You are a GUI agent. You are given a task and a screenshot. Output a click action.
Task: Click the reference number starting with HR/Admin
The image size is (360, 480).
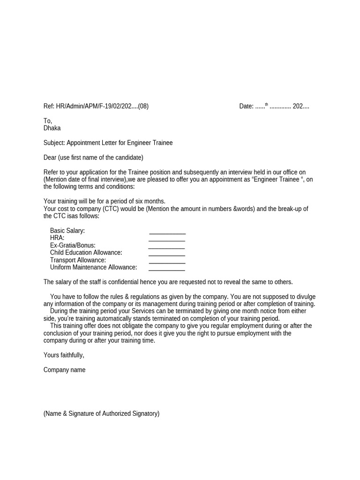pos(96,106)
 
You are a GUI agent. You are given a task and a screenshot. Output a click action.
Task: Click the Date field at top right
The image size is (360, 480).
pos(274,106)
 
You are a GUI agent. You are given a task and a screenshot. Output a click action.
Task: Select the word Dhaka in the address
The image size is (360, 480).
pos(52,128)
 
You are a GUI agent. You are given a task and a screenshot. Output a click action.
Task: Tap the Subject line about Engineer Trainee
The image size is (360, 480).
pos(108,142)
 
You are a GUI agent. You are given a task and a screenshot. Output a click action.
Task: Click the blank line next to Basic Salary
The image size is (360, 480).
pos(167,231)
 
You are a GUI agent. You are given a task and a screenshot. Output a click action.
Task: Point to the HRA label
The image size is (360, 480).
pos(57,238)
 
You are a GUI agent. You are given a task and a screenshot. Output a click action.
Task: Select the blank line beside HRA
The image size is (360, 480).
pos(166,239)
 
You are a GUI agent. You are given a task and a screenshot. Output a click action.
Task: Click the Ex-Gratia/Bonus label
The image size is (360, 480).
pos(73,245)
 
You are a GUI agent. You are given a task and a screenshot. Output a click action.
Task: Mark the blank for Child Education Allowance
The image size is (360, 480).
pos(166,253)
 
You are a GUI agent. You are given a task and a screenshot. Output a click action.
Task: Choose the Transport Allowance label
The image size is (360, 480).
pos(78,260)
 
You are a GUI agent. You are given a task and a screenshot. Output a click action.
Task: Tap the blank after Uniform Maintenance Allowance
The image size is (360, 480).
pos(166,268)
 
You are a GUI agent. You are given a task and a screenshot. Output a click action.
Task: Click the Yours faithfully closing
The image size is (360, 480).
pos(64,355)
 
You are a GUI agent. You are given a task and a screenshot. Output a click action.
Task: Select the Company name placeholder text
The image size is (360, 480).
pos(64,370)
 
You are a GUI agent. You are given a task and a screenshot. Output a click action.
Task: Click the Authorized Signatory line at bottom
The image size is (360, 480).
pos(101,413)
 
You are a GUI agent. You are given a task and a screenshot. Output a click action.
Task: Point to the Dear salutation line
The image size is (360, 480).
pos(93,157)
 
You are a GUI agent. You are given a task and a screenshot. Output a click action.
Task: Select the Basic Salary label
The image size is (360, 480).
pos(67,231)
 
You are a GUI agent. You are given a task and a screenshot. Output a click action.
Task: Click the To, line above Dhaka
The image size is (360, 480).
pos(47,121)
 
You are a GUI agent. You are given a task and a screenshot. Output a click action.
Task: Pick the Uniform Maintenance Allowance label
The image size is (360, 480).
pos(93,267)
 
